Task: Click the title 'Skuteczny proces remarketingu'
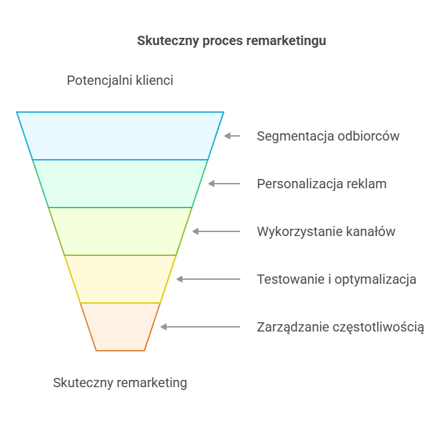(x=231, y=40)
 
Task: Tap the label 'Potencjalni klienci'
(x=120, y=81)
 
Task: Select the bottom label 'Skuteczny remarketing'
(x=120, y=383)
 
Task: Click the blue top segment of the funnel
(x=120, y=136)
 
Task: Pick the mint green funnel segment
(x=120, y=184)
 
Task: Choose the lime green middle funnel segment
(x=120, y=231)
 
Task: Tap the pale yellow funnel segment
(x=120, y=279)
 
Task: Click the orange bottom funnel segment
(x=120, y=326)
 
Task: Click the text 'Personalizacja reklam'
(x=321, y=184)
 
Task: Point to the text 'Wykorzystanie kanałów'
(x=326, y=231)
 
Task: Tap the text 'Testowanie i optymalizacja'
(x=336, y=279)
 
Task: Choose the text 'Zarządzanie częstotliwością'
(x=340, y=327)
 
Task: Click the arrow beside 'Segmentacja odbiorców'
(x=232, y=136)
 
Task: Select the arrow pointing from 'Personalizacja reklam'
(x=224, y=184)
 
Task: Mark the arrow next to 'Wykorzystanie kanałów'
(x=216, y=231)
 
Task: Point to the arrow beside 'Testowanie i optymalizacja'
(x=208, y=279)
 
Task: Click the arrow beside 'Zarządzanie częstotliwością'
(x=200, y=327)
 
